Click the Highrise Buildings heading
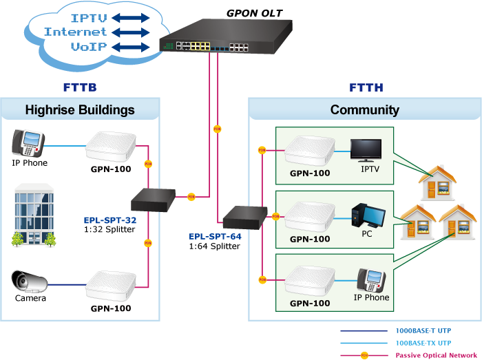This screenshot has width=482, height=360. click(80, 110)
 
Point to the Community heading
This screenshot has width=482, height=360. click(364, 110)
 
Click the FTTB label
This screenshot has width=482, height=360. click(79, 87)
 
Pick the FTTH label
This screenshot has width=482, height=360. click(366, 87)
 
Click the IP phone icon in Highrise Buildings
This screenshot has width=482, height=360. click(29, 143)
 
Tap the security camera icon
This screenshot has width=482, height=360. click(30, 282)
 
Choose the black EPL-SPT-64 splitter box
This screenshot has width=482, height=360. click(243, 216)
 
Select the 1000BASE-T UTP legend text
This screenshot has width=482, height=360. click(423, 330)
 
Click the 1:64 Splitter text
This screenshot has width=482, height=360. click(214, 246)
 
